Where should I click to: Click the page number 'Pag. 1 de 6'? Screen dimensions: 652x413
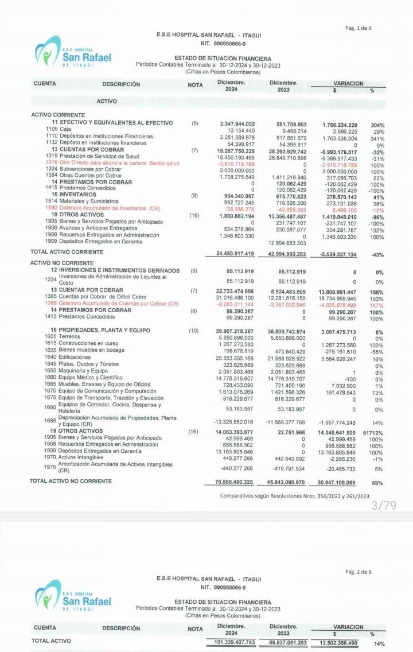pos(359,28)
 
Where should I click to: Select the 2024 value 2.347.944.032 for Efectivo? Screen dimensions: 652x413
pos(237,124)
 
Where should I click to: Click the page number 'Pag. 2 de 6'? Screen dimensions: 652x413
pos(359,571)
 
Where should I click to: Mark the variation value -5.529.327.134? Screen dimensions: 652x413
pos(336,254)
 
